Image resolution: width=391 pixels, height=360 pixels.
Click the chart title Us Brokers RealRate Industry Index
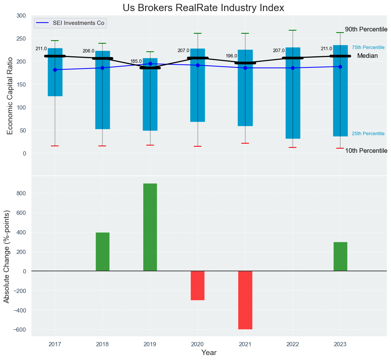pos(203,8)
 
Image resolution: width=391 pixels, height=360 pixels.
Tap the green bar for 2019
pos(150,227)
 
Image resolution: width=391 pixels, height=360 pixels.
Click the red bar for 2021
pos(245,300)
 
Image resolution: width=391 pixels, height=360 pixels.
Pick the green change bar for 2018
pos(103,252)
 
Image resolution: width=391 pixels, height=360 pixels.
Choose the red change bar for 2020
pos(198,285)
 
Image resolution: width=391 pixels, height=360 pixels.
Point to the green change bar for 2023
pos(340,256)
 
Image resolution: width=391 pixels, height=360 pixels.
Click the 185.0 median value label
pos(136,61)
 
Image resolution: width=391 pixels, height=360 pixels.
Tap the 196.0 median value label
pos(231,56)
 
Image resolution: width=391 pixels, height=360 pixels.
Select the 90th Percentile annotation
pos(366,29)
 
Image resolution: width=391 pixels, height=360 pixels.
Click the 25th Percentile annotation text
pos(368,134)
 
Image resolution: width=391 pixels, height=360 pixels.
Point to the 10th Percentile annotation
pos(366,151)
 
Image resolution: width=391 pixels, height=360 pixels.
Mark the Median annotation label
pos(367,56)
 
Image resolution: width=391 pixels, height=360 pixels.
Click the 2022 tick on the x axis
pos(293,344)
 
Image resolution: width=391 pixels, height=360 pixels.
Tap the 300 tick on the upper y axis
pos(21,16)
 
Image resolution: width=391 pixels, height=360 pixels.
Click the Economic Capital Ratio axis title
pos(10,95)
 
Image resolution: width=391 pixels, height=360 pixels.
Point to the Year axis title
pos(209,352)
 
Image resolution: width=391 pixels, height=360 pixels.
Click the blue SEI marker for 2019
pos(150,64)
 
